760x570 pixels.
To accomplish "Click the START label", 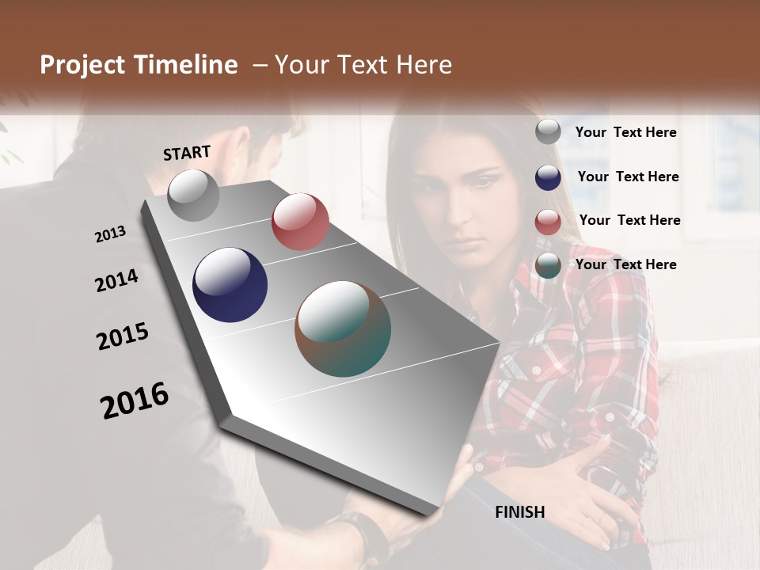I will point(187,153).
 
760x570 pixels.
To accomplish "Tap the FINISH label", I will point(520,512).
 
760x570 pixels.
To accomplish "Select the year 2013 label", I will point(111,234).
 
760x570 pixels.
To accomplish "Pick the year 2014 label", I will point(116,281).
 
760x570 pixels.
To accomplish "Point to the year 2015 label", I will point(123,337).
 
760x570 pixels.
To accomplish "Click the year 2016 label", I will point(135,401).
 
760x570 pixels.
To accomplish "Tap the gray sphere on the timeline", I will point(194,195).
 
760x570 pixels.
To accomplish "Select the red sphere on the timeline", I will point(300,222).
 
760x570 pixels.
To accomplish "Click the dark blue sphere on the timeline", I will point(230,285).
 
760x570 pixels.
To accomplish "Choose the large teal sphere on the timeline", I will point(343,329).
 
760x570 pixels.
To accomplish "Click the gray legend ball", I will point(548,132).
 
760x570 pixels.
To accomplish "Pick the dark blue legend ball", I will point(548,177).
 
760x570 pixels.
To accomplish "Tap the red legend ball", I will point(548,222).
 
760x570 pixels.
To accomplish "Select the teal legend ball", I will point(548,266).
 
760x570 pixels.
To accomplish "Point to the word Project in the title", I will point(82,65).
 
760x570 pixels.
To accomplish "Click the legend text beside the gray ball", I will point(625,132).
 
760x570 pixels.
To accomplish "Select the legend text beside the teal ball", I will point(625,264).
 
